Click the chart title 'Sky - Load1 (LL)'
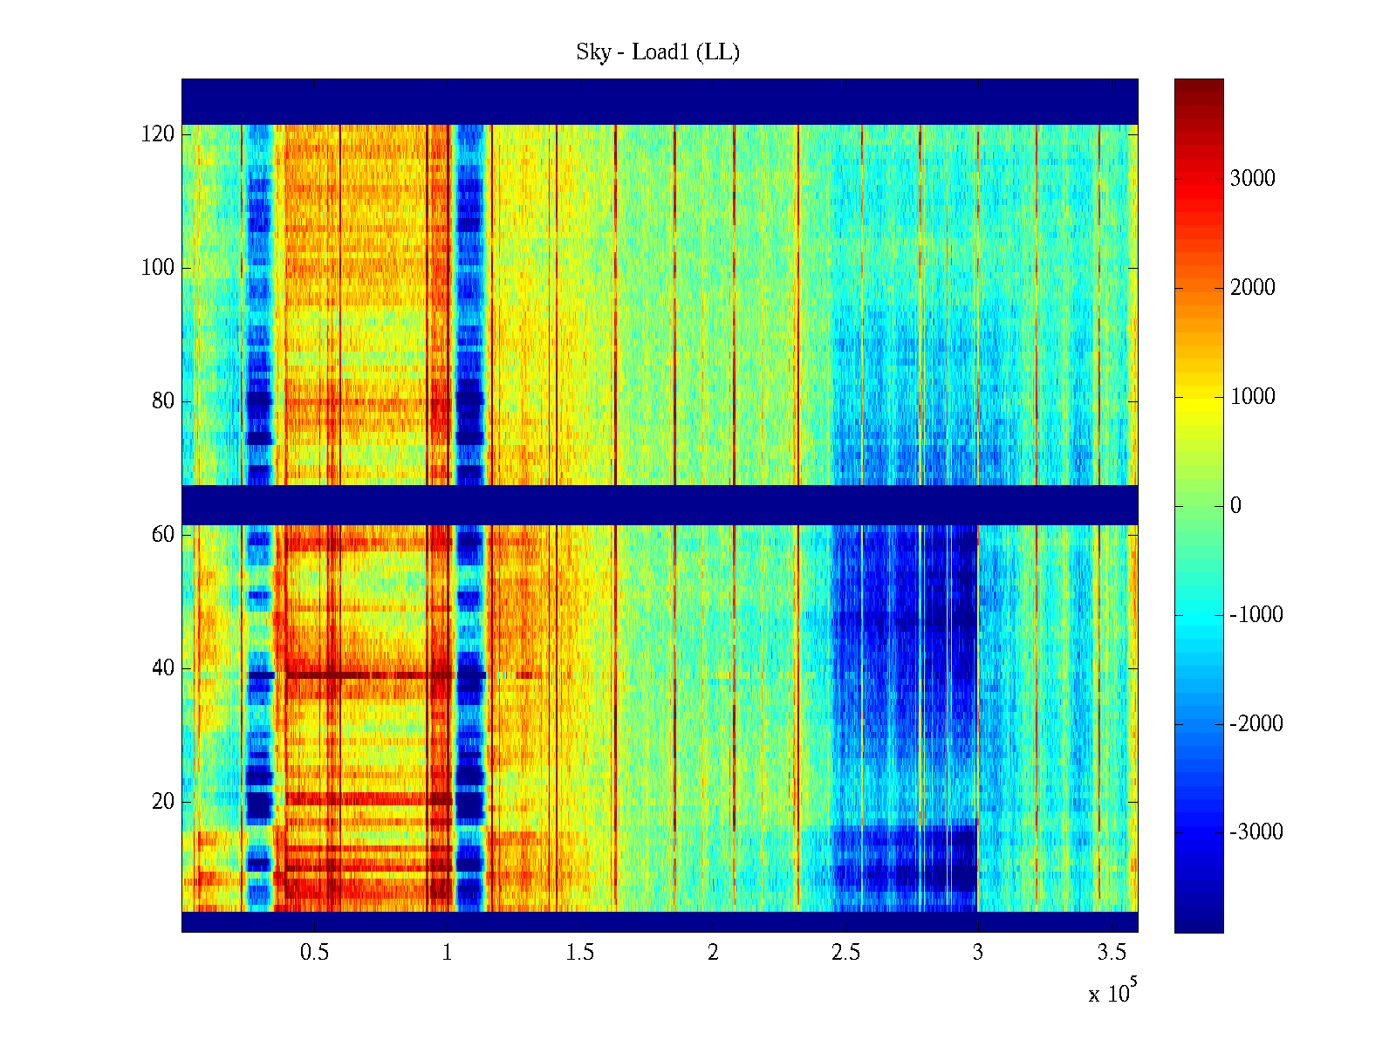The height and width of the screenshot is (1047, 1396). (x=658, y=52)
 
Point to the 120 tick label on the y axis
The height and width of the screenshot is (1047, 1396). (x=158, y=134)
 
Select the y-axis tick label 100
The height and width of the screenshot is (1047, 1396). (x=158, y=268)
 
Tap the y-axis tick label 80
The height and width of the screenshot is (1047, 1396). (x=163, y=401)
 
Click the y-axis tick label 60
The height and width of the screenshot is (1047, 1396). (x=163, y=535)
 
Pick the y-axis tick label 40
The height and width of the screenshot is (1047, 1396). (x=163, y=668)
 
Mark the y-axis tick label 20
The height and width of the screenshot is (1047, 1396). (x=163, y=802)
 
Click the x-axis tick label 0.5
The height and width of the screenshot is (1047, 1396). (x=315, y=953)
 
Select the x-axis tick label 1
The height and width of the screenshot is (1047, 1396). (x=448, y=953)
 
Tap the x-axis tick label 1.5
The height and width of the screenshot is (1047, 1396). (x=580, y=953)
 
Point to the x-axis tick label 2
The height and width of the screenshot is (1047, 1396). (x=713, y=953)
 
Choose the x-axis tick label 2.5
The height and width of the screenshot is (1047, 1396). (x=845, y=953)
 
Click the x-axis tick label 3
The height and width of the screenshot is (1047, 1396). (x=978, y=953)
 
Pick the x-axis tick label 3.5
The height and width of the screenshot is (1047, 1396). (x=1111, y=953)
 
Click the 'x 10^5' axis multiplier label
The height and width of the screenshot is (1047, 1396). (x=1112, y=992)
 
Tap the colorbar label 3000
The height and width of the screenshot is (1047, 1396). (x=1253, y=179)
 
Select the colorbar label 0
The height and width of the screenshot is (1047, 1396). (x=1235, y=506)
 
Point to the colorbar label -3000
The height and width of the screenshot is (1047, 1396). (x=1256, y=832)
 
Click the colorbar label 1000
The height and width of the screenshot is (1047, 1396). (x=1253, y=397)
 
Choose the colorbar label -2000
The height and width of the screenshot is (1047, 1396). (x=1256, y=723)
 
